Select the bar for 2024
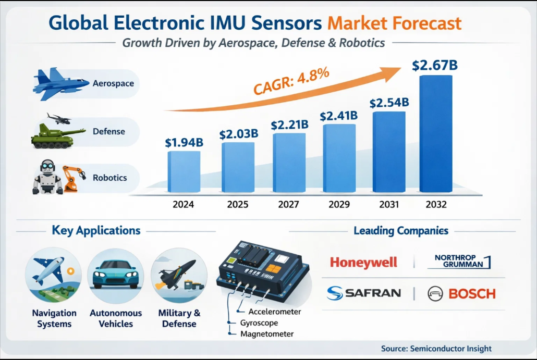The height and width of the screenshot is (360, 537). [184, 172]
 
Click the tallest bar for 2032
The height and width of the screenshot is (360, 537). [436, 134]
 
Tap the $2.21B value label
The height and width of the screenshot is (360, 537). [290, 125]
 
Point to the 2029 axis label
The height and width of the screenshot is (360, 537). [339, 204]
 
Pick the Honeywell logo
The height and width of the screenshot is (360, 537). [363, 262]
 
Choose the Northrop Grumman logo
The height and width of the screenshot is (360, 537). [459, 262]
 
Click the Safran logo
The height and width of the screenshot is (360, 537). [364, 293]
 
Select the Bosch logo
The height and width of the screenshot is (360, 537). [461, 293]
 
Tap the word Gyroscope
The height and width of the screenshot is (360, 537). [259, 323]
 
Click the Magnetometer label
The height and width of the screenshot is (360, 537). [267, 334]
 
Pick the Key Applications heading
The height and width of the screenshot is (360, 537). [96, 230]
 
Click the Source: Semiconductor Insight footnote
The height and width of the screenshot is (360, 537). [436, 349]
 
